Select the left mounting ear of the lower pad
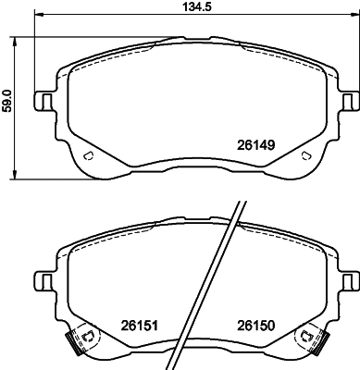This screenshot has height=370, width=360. tap(43, 278)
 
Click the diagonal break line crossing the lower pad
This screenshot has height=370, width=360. tap(215, 277)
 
